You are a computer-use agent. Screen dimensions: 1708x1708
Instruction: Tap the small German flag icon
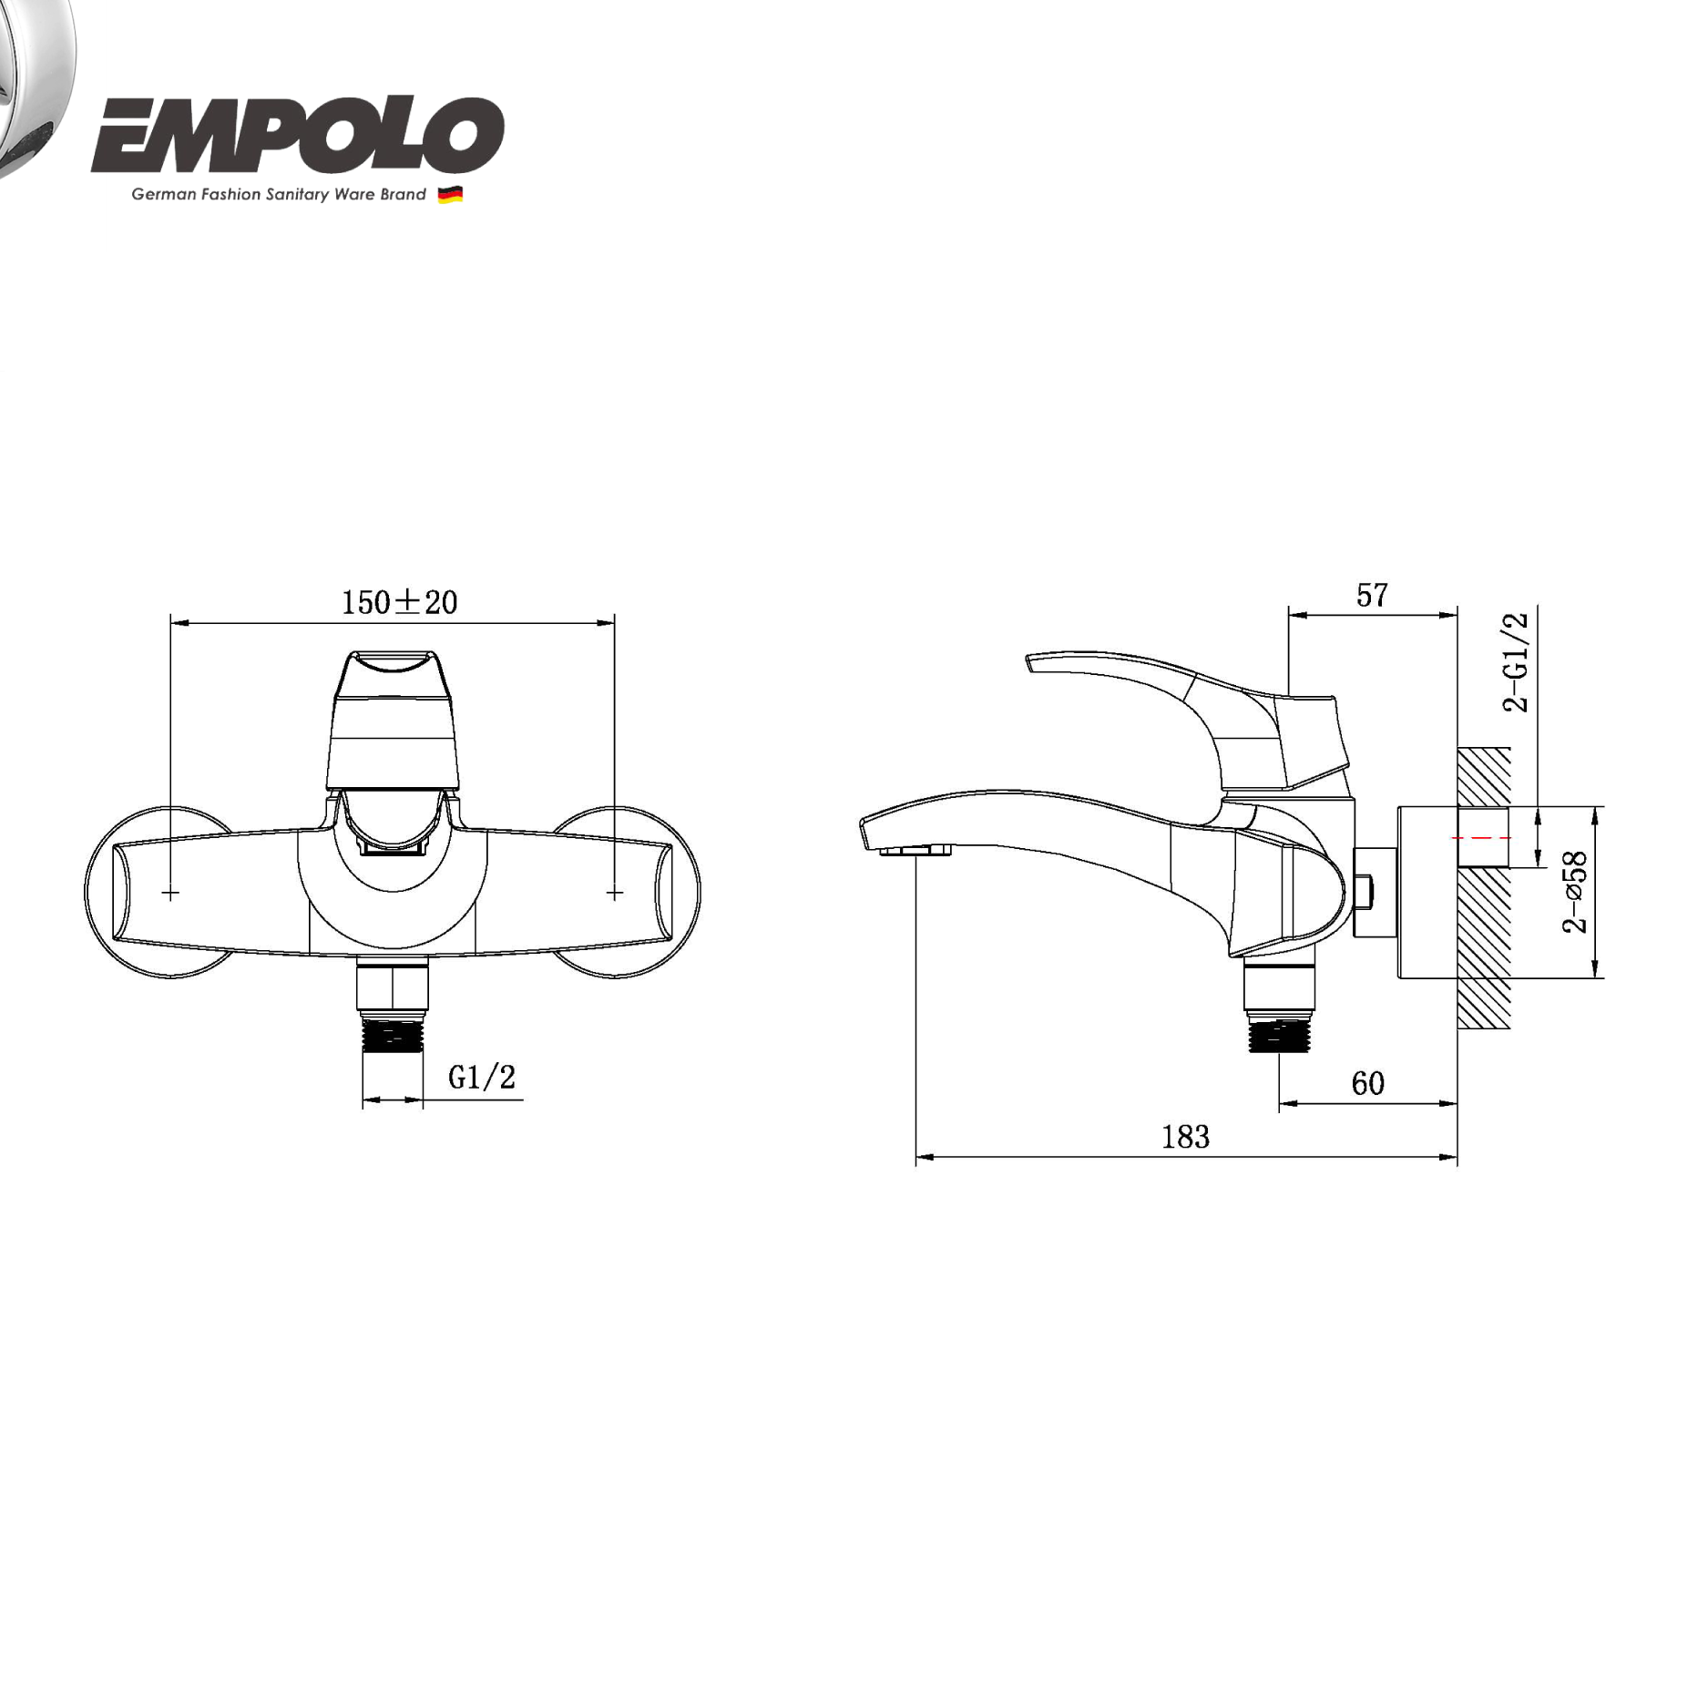click(x=450, y=194)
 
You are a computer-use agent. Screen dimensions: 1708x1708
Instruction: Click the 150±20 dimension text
click(x=399, y=602)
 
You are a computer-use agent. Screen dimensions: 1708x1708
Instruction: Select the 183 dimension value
click(x=1185, y=1137)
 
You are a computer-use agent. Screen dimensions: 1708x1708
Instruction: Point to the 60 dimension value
click(x=1367, y=1083)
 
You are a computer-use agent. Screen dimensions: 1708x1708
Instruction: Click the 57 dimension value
click(x=1372, y=595)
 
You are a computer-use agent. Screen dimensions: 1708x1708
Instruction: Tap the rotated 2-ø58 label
click(x=1575, y=892)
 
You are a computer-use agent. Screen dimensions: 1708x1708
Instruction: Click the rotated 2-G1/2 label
click(x=1516, y=662)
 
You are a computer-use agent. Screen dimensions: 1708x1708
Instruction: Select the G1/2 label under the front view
click(x=482, y=1078)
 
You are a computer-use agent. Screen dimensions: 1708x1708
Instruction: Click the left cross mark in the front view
click(x=170, y=893)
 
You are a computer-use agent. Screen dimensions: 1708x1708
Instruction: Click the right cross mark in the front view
click(x=615, y=893)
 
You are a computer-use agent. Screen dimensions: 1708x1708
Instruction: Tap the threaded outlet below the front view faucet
click(x=393, y=1034)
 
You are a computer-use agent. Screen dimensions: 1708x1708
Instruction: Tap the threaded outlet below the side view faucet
click(x=1279, y=1035)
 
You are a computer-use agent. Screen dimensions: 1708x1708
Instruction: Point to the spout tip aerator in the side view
click(x=915, y=850)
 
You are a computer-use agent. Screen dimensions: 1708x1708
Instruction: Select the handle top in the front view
click(x=393, y=674)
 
